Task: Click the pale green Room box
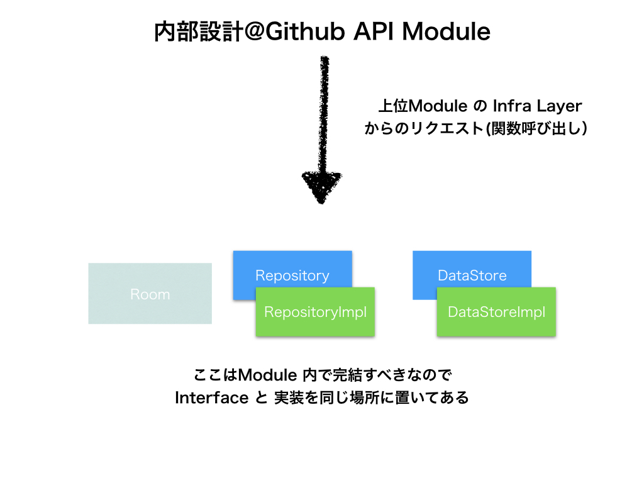(150, 294)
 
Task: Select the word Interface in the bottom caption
(211, 398)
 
